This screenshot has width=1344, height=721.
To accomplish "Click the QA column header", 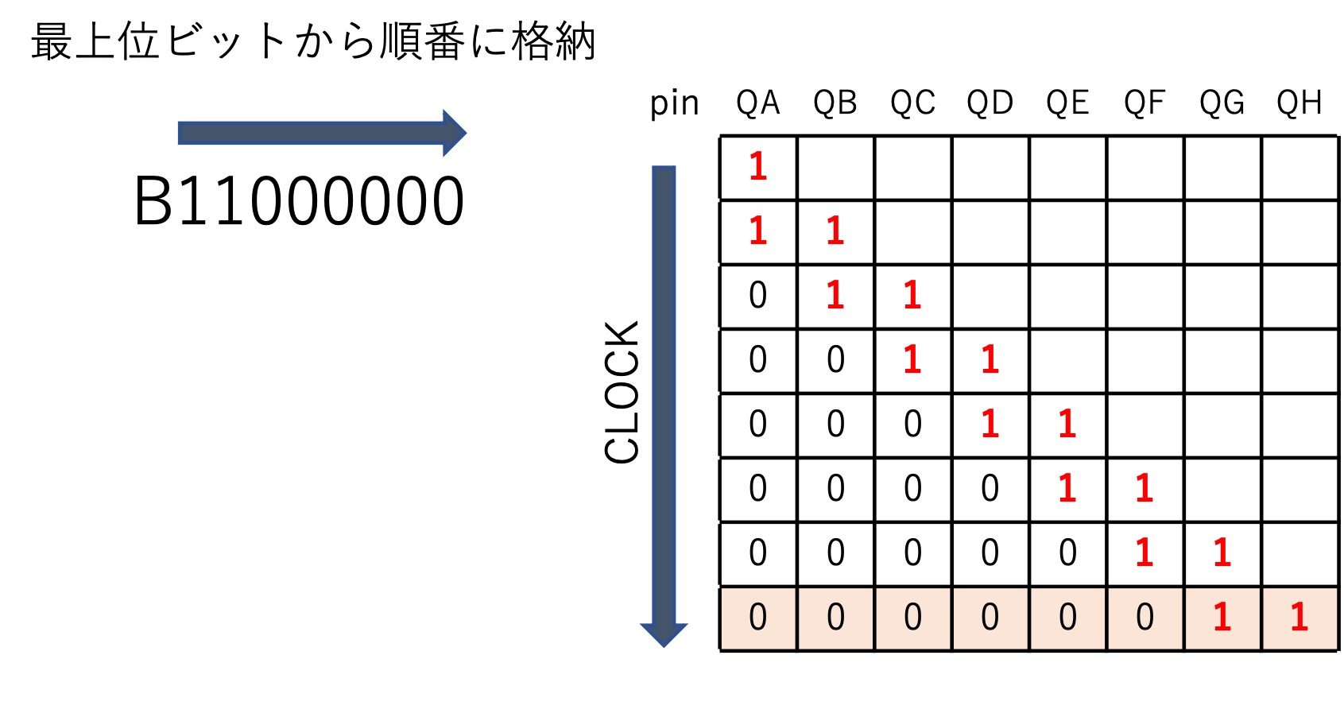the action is pos(757,103).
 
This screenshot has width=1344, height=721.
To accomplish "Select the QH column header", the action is pos(1299,103).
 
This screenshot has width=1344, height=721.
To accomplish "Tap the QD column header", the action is pos(990,103).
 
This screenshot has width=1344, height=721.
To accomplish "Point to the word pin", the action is pos(675,104).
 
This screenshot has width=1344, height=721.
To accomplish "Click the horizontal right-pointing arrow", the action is pos(322,133).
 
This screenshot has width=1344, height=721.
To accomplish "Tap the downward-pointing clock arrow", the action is pos(664,406).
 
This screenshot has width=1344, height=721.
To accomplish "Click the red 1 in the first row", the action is pos(757,166).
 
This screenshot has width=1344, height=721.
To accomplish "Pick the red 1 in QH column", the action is pos(1299,617).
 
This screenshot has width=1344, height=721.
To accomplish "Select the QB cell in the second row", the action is pos(836,231).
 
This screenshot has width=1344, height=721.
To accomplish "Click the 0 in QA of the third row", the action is pos(757,295).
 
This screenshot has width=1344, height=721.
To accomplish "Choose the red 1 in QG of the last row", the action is pos(1222,617).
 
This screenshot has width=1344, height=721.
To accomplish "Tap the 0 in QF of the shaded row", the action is pos(1145,617).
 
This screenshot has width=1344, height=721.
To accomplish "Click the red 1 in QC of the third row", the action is pos(912,295).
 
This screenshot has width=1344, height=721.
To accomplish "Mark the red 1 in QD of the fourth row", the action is pos(990,359).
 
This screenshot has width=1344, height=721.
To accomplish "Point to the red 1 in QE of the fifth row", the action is pos(1067,423).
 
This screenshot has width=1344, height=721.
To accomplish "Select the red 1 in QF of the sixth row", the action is pos(1145,487).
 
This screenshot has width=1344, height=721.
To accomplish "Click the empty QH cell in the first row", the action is pos(1300,168).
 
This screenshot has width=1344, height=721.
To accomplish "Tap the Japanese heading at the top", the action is pos(313,41).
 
